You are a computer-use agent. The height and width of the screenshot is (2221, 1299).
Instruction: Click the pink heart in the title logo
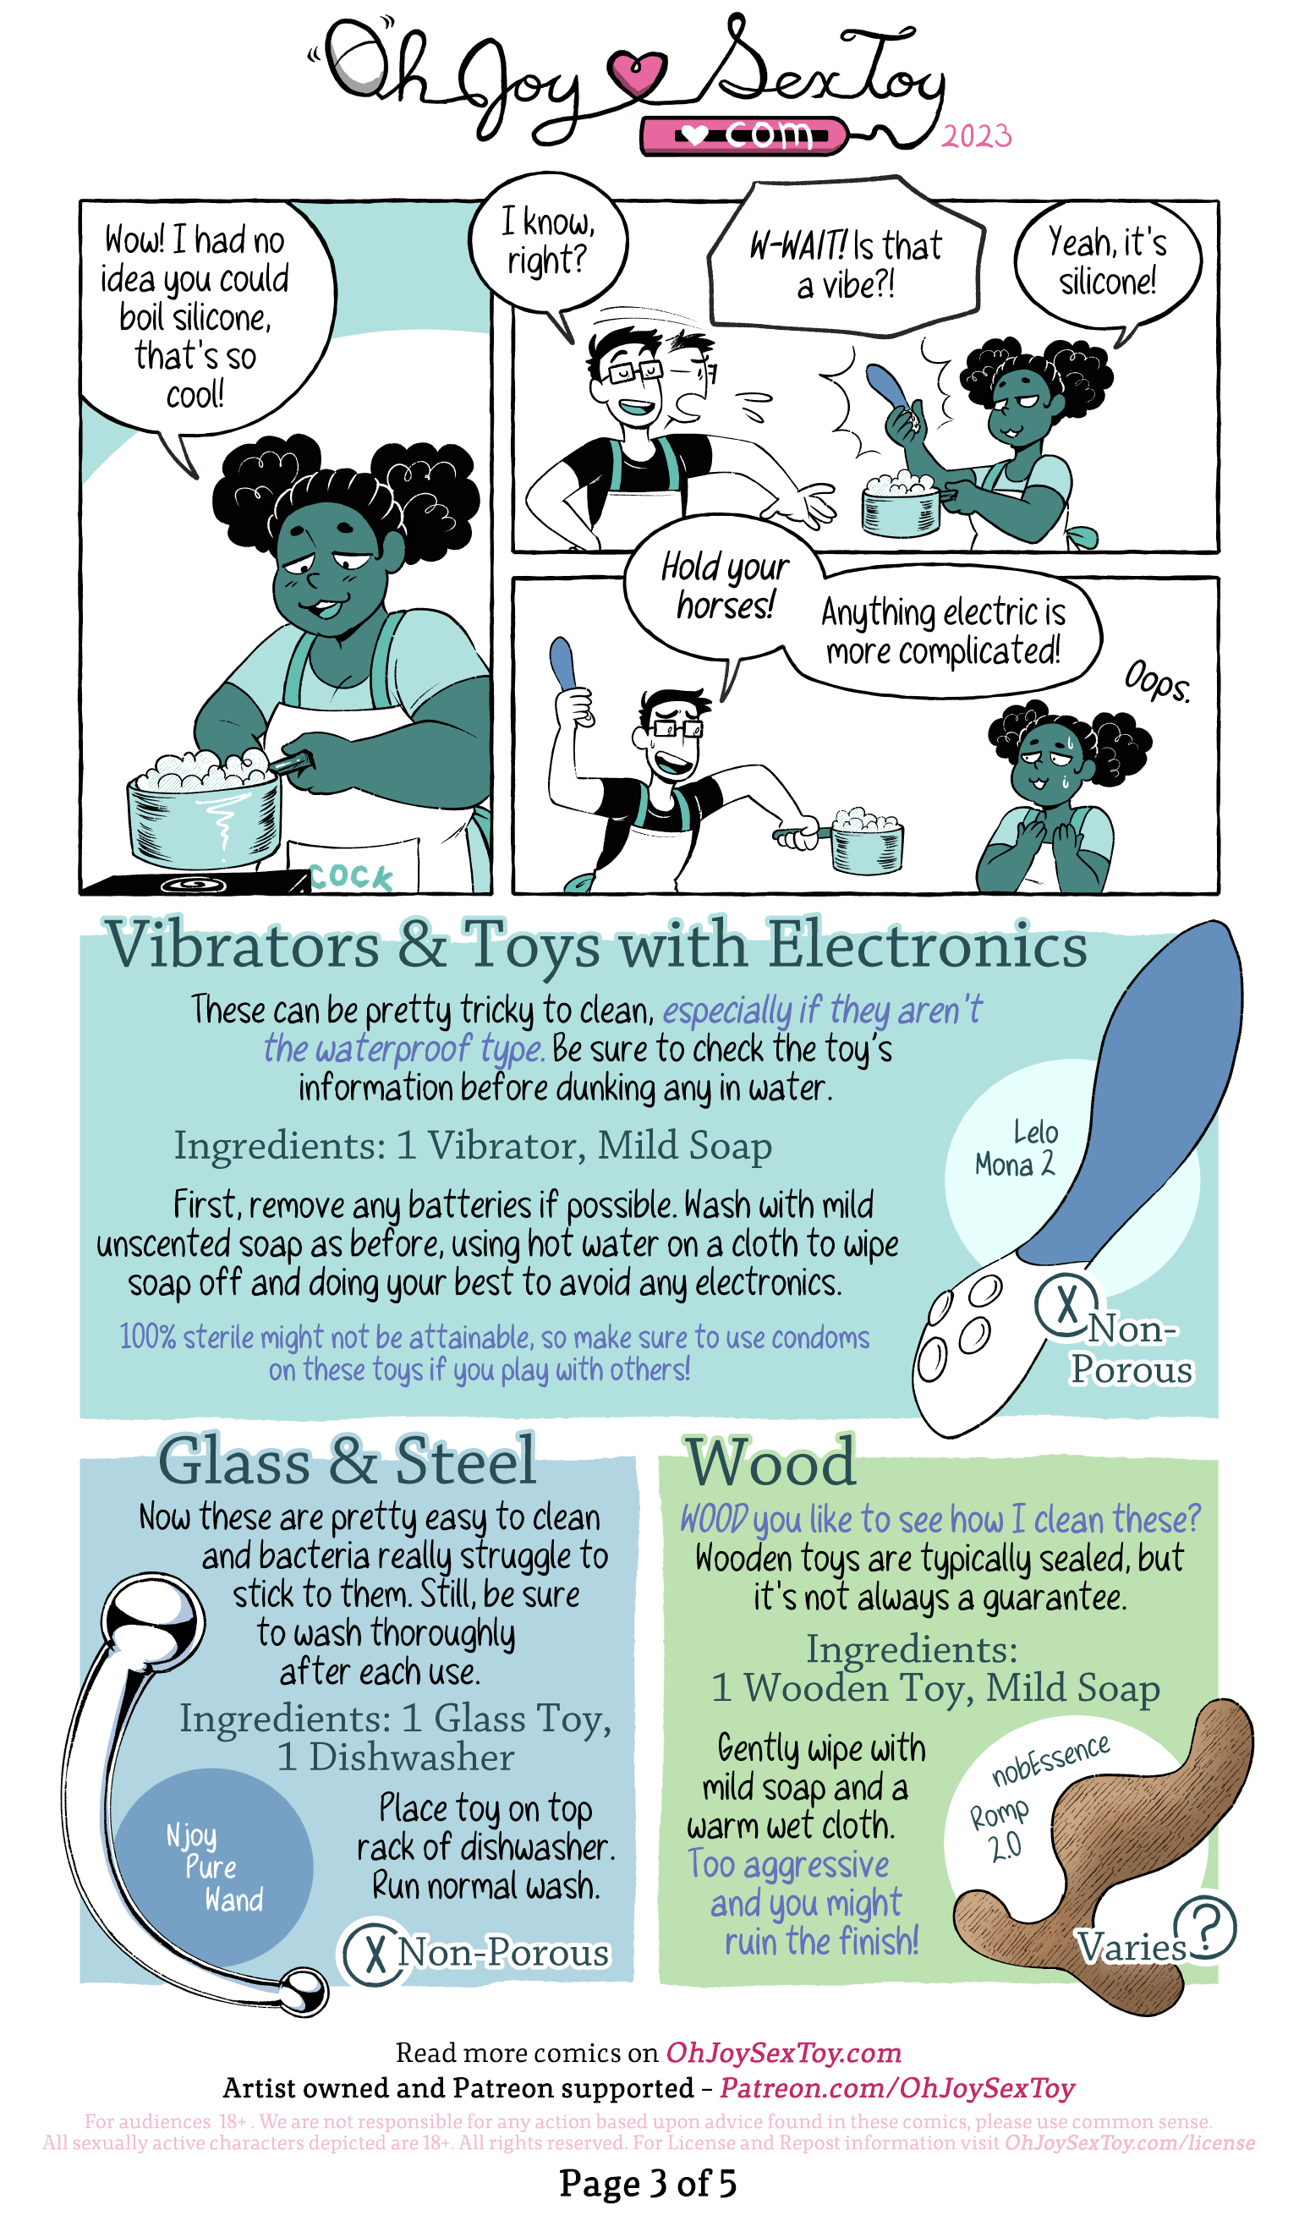coord(637,74)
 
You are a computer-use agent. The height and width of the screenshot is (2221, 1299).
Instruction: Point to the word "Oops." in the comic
coord(1157,682)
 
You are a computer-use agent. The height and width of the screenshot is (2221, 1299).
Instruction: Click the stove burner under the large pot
coord(193,884)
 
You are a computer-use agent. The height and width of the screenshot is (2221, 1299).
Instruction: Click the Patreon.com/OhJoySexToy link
coord(897,2089)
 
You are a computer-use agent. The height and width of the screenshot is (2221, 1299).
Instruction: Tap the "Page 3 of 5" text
coord(648,2184)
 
